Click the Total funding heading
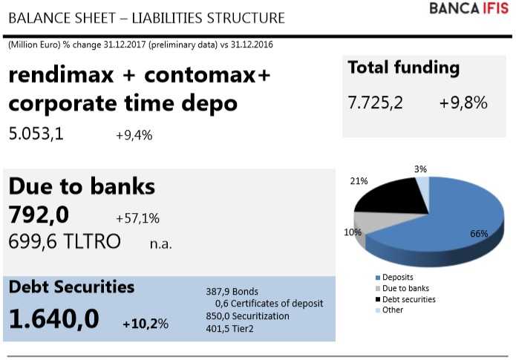coord(403,68)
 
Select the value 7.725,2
coord(375,103)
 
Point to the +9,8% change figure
coord(463,103)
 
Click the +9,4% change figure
coord(134,135)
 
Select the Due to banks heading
coord(82,186)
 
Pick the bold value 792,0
coord(39,215)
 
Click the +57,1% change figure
coord(137,218)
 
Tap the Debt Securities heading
coord(71,287)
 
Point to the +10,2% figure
coord(146,324)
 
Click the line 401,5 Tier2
coord(228,327)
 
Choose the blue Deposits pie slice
coord(445,223)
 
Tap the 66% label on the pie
coord(479,234)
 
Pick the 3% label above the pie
coord(420,169)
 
